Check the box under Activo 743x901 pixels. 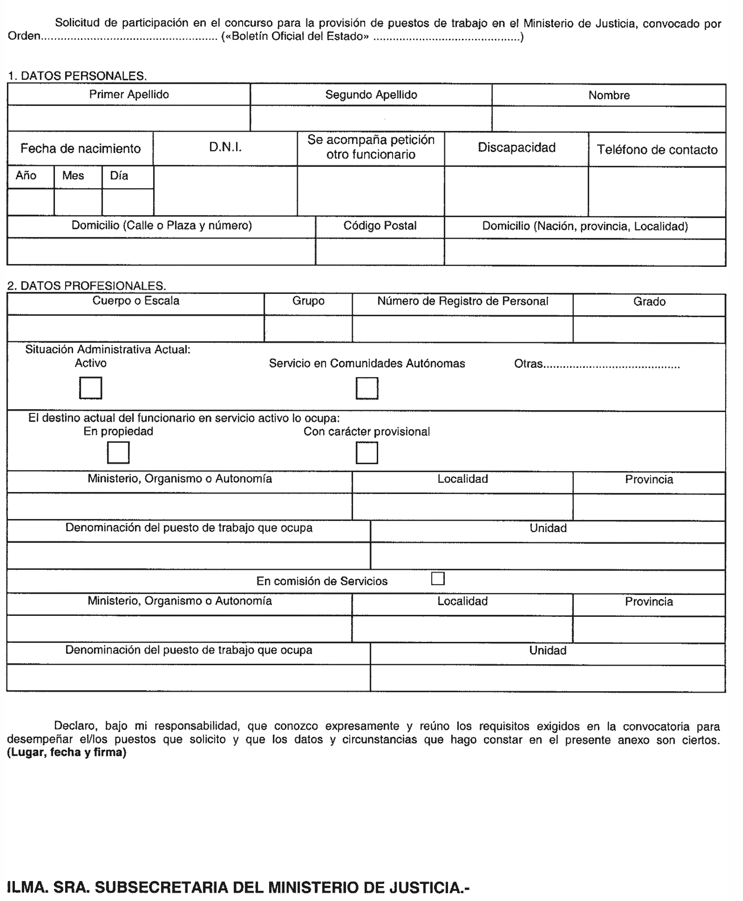90,388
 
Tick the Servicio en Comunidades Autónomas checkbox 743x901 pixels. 367,388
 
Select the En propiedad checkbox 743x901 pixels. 118,453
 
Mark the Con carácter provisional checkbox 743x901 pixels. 367,453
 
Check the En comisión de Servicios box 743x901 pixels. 438,578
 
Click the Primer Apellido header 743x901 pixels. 129,95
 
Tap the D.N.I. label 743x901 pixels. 225,147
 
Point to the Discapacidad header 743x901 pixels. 517,147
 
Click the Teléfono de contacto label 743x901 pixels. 657,150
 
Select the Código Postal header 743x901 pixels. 380,226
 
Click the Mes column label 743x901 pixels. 73,176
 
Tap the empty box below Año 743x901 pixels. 31,202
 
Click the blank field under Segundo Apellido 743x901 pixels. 371,118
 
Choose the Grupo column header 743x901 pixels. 308,301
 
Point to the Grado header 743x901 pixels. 649,302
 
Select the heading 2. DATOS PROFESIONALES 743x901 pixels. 87,285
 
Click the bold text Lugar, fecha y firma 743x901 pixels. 67,752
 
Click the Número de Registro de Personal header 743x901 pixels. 463,301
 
